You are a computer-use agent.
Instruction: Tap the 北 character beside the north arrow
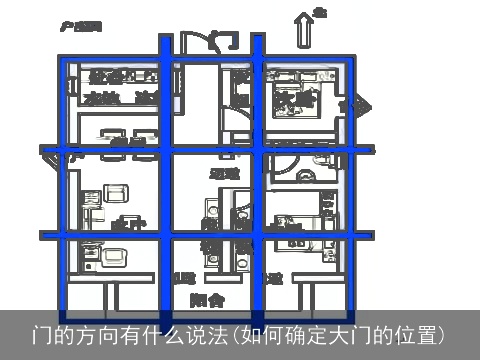[320, 13]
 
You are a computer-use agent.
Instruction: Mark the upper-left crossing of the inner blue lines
[167, 152]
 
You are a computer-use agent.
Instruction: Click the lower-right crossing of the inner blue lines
[257, 241]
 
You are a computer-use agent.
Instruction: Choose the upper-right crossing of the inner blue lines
[257, 152]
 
